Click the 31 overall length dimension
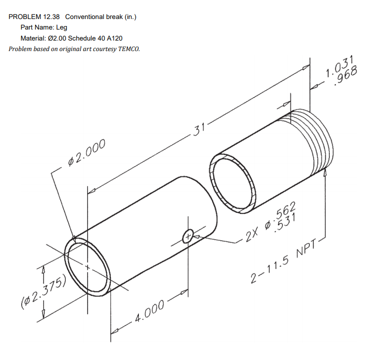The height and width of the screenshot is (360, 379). click(199, 129)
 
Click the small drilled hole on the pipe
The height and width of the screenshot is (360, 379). click(188, 235)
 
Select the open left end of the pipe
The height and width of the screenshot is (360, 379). click(88, 267)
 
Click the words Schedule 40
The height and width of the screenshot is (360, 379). click(85, 38)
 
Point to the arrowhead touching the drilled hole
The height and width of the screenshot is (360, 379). click(197, 236)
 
